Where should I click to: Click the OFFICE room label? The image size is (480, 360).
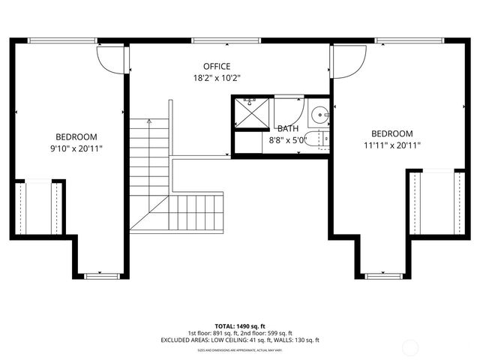217,66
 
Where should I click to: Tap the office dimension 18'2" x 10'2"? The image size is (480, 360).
217,77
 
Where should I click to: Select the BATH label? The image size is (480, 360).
288,128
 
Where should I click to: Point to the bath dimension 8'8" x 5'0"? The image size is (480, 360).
288,139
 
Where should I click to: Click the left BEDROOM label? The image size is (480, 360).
76,136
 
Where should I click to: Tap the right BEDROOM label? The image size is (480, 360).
392,133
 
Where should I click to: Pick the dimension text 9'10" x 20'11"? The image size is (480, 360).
76,148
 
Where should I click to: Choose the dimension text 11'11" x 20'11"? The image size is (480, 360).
392,145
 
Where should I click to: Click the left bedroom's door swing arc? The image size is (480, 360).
110,58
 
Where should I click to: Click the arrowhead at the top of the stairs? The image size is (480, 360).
149,121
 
